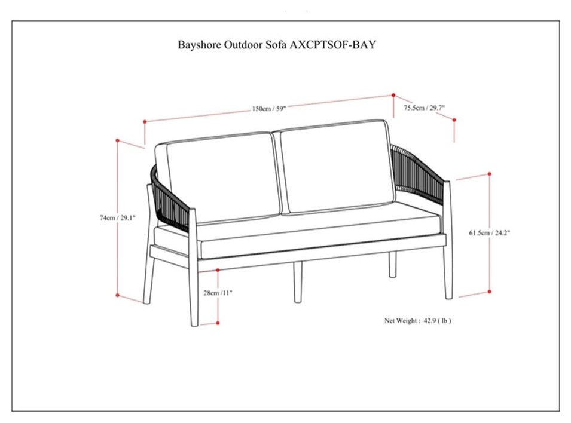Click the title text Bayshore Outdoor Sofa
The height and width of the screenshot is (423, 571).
(233, 45)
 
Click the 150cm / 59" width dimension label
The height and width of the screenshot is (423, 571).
(268, 109)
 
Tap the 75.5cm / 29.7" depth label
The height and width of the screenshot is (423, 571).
(425, 108)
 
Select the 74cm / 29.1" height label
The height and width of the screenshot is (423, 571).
(118, 218)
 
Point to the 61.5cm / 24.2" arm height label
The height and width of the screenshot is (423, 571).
(490, 233)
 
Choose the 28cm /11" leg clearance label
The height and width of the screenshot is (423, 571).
(218, 293)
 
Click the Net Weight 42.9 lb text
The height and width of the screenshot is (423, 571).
(418, 321)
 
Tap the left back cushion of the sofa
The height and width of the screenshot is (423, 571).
(218, 178)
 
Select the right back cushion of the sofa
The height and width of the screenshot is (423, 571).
(337, 166)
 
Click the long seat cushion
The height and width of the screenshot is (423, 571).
(317, 233)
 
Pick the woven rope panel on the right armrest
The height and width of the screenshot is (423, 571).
(417, 174)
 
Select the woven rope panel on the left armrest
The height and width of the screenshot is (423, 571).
(170, 200)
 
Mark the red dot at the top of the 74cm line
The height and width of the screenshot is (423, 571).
(117, 140)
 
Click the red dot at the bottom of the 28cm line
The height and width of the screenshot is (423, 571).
(218, 323)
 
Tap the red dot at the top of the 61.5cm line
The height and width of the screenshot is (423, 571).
(490, 174)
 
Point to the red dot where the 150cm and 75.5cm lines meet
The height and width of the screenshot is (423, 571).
(393, 95)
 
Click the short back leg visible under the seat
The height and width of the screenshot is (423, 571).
(392, 264)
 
